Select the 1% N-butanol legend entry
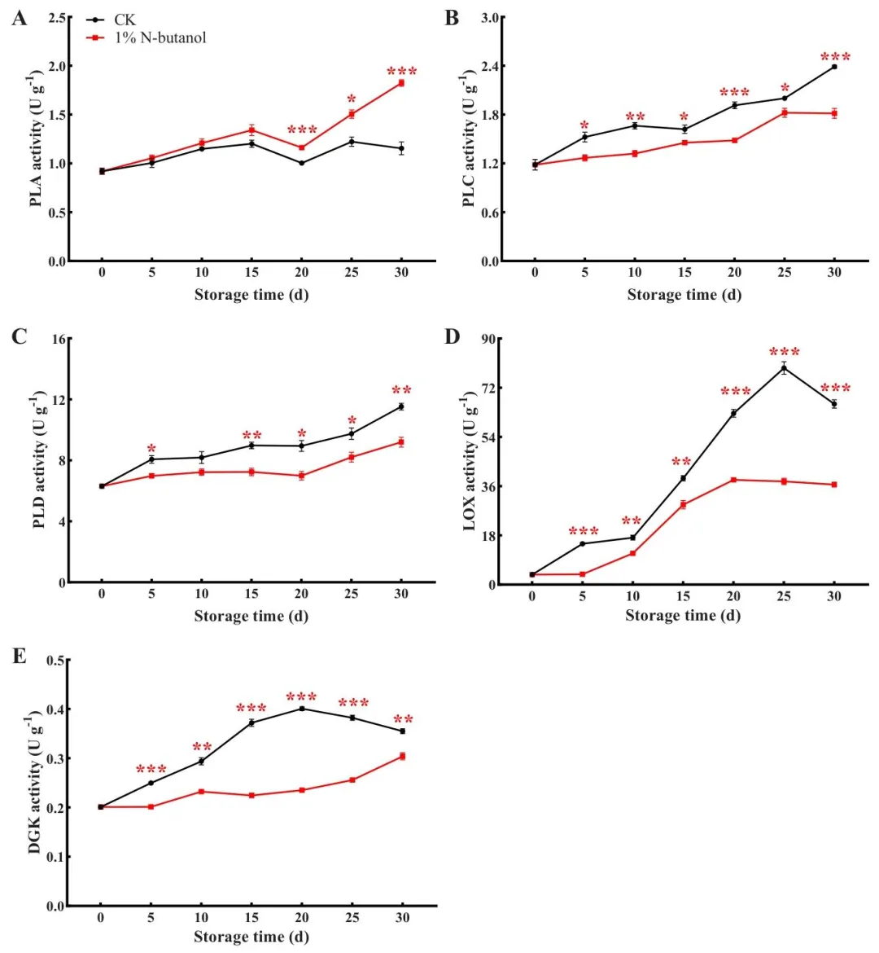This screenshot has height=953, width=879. click(x=160, y=37)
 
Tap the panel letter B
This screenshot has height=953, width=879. click(x=452, y=18)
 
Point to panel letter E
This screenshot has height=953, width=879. click(x=19, y=656)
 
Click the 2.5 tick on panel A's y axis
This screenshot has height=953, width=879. click(x=57, y=17)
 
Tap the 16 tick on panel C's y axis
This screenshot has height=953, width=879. click(x=58, y=339)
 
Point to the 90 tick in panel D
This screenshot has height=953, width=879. click(x=492, y=339)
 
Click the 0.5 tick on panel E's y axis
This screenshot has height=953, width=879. click(x=55, y=661)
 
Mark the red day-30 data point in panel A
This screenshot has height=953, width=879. click(x=401, y=83)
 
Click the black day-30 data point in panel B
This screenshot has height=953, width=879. click(x=834, y=66)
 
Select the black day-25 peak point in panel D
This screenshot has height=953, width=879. click(x=784, y=368)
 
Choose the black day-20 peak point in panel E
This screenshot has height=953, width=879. click(x=302, y=709)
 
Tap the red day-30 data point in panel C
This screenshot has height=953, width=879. click(x=401, y=442)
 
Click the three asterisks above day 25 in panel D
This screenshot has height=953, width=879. click(x=785, y=353)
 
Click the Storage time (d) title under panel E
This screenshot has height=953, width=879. click(x=251, y=937)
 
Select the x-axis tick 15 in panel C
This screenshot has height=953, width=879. click(x=251, y=594)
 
